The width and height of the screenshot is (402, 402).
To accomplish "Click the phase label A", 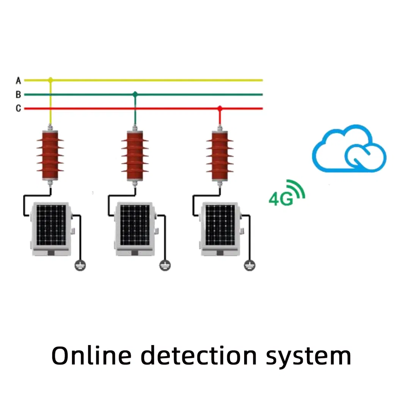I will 18,80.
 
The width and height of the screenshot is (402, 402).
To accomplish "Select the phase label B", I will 18,94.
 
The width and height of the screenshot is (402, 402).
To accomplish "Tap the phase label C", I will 18,108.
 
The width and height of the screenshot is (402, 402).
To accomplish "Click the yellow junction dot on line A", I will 50,80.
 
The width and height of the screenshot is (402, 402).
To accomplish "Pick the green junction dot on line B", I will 135,94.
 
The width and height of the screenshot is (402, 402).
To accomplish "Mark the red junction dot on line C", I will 220,108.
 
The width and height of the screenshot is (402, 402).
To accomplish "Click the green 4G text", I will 281,199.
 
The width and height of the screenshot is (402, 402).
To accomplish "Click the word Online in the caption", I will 91,356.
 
